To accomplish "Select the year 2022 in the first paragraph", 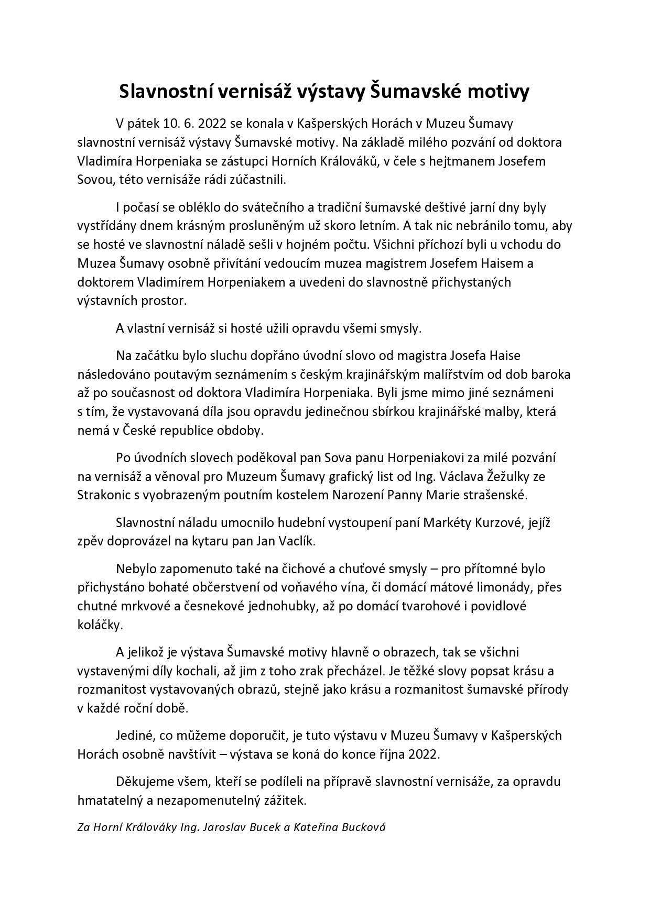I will tap(212, 124).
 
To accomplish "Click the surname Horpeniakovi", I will tap(427, 458).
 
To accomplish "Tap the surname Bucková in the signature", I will tap(363, 828).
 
